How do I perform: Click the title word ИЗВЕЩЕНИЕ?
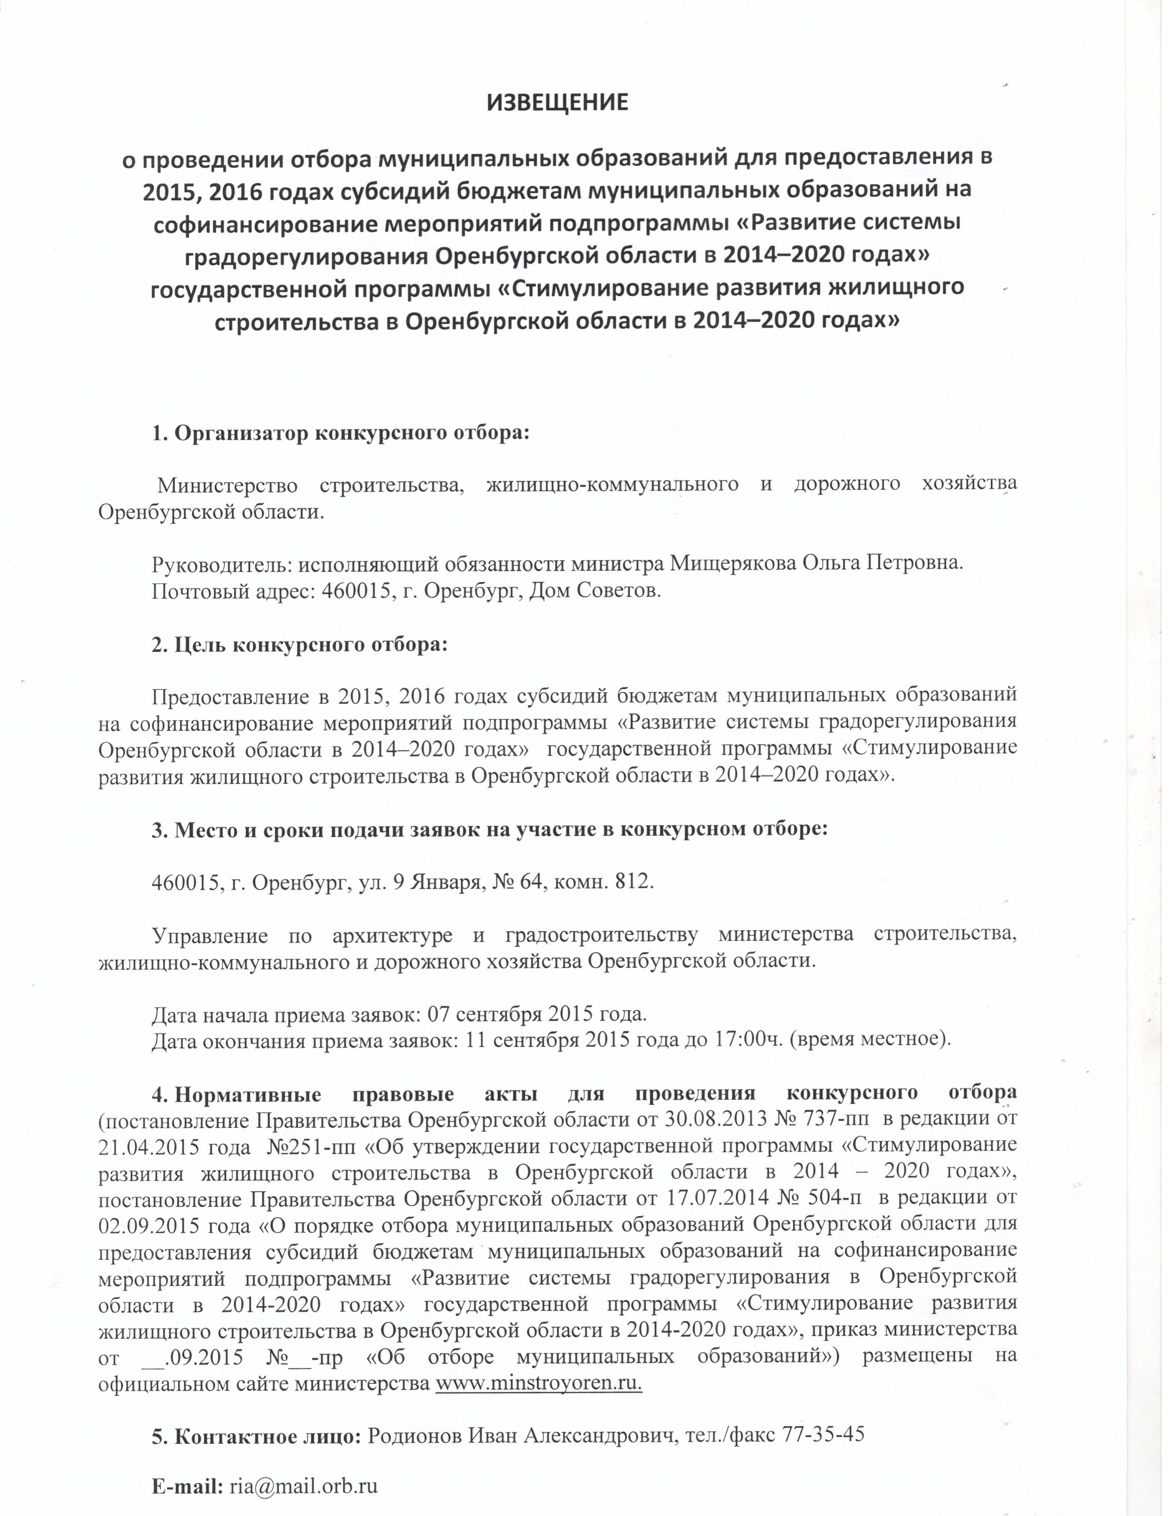pyautogui.click(x=557, y=103)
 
